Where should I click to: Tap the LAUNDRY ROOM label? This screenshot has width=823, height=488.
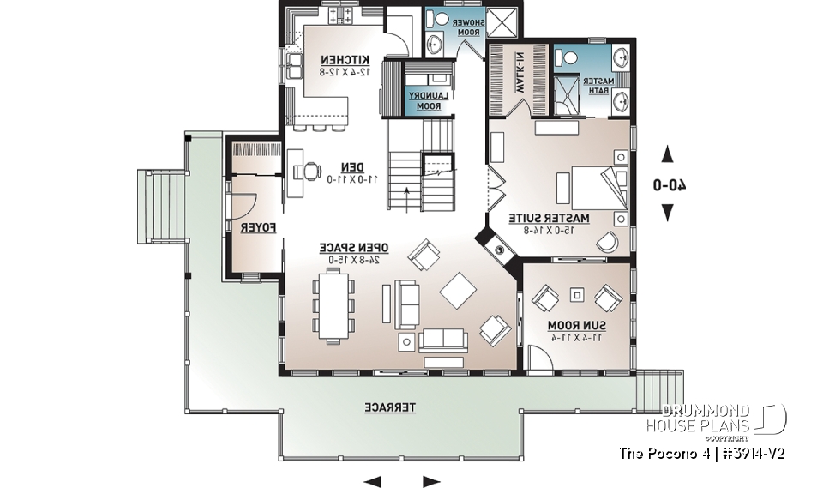[x=424, y=100]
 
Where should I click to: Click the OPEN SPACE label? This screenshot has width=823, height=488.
[x=355, y=248]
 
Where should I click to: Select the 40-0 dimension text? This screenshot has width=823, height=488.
[x=670, y=184]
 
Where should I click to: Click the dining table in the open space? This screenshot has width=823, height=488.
[x=333, y=304]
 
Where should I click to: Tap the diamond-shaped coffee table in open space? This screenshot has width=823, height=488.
[x=458, y=290]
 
